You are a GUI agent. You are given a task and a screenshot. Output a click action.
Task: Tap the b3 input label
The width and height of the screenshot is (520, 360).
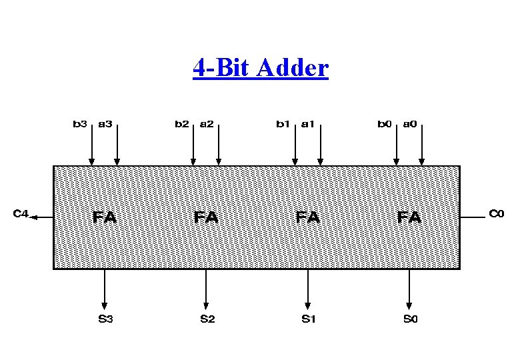click(x=80, y=123)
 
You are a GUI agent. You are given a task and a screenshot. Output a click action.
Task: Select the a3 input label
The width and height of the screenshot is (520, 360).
click(x=105, y=123)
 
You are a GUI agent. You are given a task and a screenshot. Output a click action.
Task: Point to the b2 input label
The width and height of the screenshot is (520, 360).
click(x=181, y=123)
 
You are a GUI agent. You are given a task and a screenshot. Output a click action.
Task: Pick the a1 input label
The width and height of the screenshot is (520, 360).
click(x=308, y=123)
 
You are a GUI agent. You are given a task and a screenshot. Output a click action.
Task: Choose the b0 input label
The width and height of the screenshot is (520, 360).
click(x=385, y=123)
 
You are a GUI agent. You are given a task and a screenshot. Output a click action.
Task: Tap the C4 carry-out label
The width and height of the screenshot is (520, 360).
click(x=21, y=214)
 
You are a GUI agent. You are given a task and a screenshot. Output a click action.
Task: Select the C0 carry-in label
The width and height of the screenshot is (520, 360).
click(x=497, y=214)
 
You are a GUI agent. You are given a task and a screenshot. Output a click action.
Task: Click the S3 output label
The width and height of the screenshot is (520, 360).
click(x=105, y=319)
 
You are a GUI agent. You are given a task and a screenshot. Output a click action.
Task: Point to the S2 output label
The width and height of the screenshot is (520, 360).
click(x=207, y=319)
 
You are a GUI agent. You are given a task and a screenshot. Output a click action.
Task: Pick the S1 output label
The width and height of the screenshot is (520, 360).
click(x=308, y=319)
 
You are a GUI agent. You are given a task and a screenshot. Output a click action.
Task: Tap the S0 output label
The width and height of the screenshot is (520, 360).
click(x=410, y=319)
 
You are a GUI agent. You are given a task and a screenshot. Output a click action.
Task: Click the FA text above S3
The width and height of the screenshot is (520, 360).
click(x=105, y=217)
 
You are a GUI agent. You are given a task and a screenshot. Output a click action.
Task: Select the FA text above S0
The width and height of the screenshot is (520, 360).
click(x=409, y=217)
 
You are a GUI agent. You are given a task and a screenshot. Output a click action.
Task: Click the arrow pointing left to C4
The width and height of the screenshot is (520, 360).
click(x=41, y=217)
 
